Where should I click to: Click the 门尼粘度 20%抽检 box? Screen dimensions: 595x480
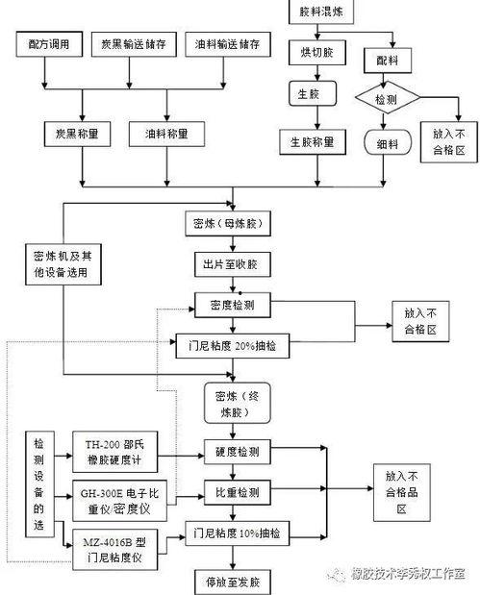click(x=232, y=342)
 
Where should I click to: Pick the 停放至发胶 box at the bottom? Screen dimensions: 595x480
click(x=232, y=582)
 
